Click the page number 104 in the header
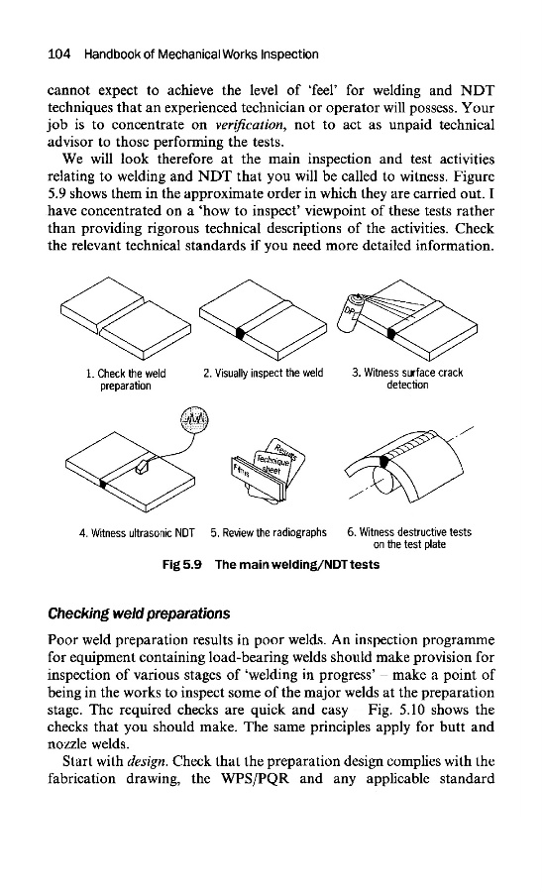[x=58, y=55]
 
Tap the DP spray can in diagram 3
[x=347, y=313]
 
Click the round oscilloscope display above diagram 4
[x=194, y=420]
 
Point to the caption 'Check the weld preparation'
[x=126, y=380]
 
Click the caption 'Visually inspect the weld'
[x=263, y=374]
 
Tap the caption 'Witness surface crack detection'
[x=407, y=379]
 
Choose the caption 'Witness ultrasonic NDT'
[x=137, y=533]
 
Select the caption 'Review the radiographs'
[x=269, y=532]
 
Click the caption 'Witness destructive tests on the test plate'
[x=409, y=538]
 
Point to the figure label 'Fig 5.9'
[x=181, y=565]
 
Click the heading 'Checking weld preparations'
[x=139, y=613]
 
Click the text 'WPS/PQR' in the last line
[x=255, y=779]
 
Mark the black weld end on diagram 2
[x=241, y=334]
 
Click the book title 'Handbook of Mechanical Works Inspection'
[x=201, y=55]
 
